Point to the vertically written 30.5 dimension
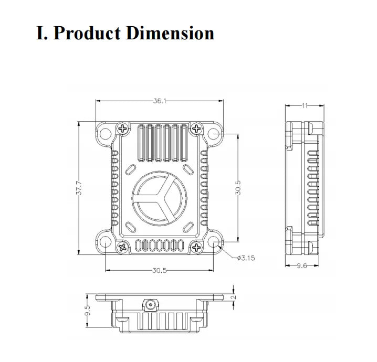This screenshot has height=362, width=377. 238,188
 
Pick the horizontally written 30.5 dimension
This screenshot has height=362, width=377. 160,271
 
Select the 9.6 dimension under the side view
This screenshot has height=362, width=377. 302,266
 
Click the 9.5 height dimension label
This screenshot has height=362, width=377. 88,311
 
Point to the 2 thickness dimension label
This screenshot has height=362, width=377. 234,296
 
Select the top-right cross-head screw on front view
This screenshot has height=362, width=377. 196,128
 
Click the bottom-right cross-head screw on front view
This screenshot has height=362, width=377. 196,247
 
